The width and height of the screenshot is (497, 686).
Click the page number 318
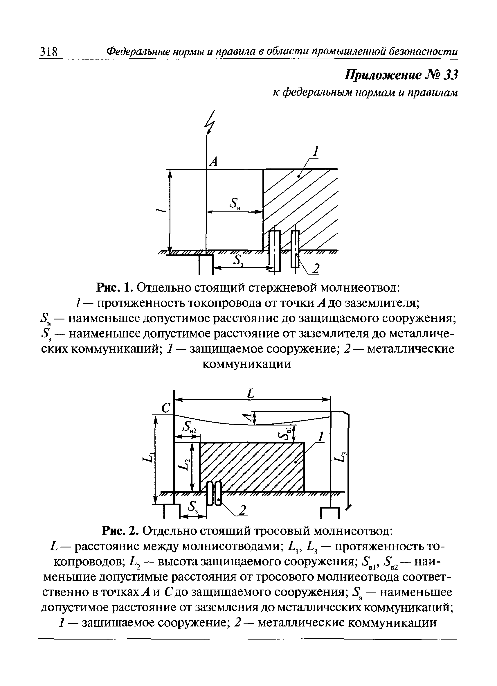tap(49, 52)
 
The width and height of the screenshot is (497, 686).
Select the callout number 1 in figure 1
tap(316, 151)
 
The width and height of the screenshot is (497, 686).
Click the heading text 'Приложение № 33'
tap(401, 75)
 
